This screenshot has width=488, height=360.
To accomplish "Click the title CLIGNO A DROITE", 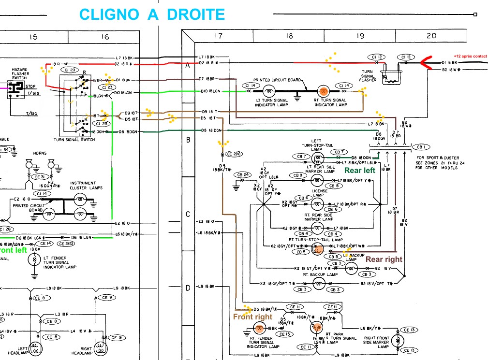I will (x=152, y=14).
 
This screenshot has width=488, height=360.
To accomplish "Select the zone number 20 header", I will (x=431, y=35).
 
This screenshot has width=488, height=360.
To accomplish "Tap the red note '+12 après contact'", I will (x=470, y=56).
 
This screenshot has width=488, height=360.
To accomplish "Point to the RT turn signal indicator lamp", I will (x=324, y=90).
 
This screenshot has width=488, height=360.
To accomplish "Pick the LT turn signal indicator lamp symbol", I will (x=269, y=90).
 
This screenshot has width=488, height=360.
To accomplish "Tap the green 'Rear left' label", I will (x=360, y=170).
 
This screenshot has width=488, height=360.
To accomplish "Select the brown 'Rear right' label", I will (x=384, y=259).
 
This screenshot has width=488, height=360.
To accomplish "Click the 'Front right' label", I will (x=252, y=317).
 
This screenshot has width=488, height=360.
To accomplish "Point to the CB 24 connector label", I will (x=243, y=174).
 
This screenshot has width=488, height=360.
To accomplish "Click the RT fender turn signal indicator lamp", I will (x=259, y=329).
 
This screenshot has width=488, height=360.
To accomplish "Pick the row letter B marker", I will (x=188, y=140).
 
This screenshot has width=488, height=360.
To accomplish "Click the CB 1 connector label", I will (x=423, y=147).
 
